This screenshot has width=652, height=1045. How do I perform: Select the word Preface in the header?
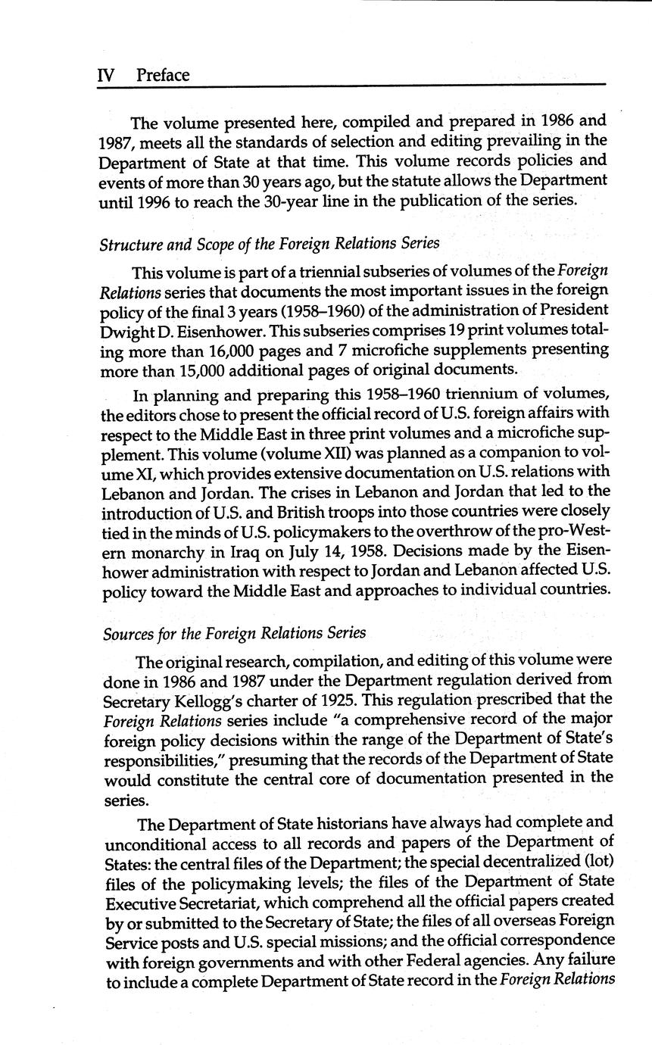[x=163, y=75]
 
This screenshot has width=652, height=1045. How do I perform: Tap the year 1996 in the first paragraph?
[x=166, y=201]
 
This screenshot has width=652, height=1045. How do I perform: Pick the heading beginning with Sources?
[x=234, y=632]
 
